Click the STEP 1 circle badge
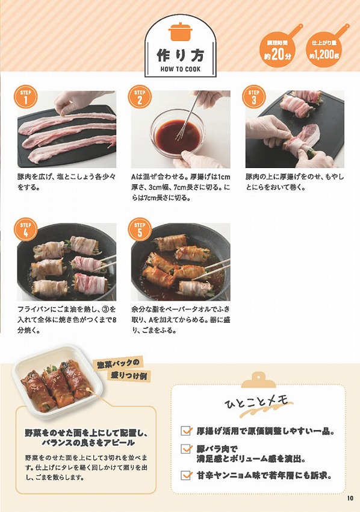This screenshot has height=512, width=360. coord(25,98)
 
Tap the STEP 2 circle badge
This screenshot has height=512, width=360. coord(139,98)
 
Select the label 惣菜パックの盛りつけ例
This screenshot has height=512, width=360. coord(123,368)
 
